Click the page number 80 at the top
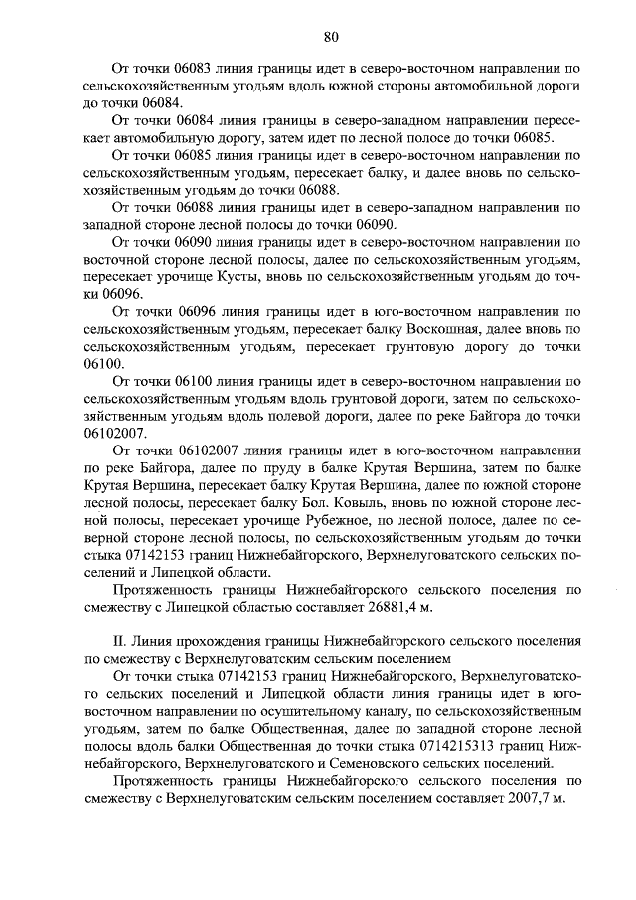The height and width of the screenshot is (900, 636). [x=331, y=37]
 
